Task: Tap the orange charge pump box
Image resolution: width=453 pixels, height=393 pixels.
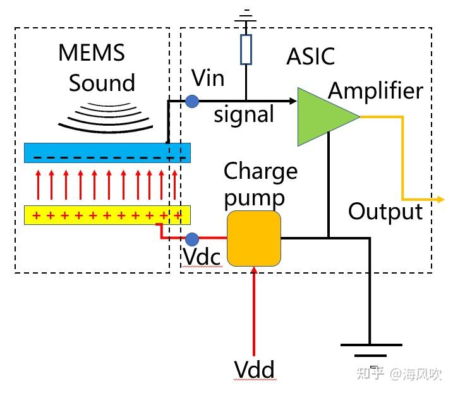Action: click(254, 239)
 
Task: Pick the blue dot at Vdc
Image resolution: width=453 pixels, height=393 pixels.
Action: click(193, 239)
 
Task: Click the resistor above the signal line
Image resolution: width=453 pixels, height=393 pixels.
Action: click(246, 49)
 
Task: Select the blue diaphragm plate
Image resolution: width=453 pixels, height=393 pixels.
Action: click(107, 153)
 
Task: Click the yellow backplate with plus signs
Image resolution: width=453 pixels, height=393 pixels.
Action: click(107, 215)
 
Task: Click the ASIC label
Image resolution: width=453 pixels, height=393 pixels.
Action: click(310, 56)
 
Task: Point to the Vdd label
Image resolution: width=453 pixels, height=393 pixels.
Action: click(254, 369)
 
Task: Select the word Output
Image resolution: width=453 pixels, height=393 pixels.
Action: click(385, 211)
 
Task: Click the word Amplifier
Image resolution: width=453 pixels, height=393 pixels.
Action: click(375, 91)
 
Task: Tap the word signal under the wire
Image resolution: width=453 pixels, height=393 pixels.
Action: click(244, 115)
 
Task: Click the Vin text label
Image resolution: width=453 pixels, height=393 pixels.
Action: click(208, 79)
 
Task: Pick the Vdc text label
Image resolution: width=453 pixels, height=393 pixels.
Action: click(202, 257)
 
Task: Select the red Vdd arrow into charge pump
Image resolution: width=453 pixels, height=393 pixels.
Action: click(254, 310)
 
